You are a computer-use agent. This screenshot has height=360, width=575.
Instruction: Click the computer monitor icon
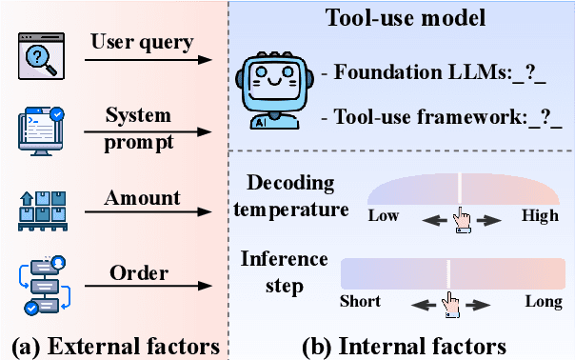[x=38, y=130]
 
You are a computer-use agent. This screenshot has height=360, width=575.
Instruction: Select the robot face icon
[x=269, y=90]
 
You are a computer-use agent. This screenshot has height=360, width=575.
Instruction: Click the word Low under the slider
[x=384, y=216]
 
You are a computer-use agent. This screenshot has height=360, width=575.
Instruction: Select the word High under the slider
[x=540, y=216]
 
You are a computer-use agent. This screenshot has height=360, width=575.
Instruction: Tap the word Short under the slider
[x=360, y=302]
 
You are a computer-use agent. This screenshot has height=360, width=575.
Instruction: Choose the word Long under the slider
[x=544, y=302]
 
